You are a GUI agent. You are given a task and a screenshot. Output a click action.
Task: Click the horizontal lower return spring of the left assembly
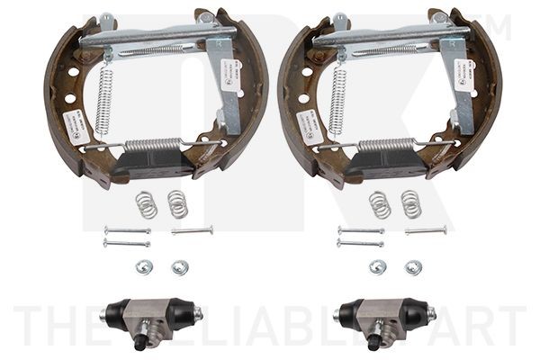(153, 145)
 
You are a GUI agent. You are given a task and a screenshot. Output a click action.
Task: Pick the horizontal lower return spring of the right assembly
(387, 145)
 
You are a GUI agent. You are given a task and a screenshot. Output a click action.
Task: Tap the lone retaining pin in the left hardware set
(192, 230)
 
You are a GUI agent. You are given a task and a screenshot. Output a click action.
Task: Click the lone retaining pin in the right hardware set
(426, 230)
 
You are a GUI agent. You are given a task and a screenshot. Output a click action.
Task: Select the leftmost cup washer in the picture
(144, 266)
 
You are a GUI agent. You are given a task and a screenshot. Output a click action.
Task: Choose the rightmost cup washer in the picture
(413, 266)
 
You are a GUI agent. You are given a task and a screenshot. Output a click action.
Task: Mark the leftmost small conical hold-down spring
(146, 204)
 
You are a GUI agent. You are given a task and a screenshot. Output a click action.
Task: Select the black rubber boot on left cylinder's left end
(112, 312)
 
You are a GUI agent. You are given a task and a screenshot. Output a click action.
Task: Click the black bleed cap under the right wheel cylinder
(372, 341)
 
